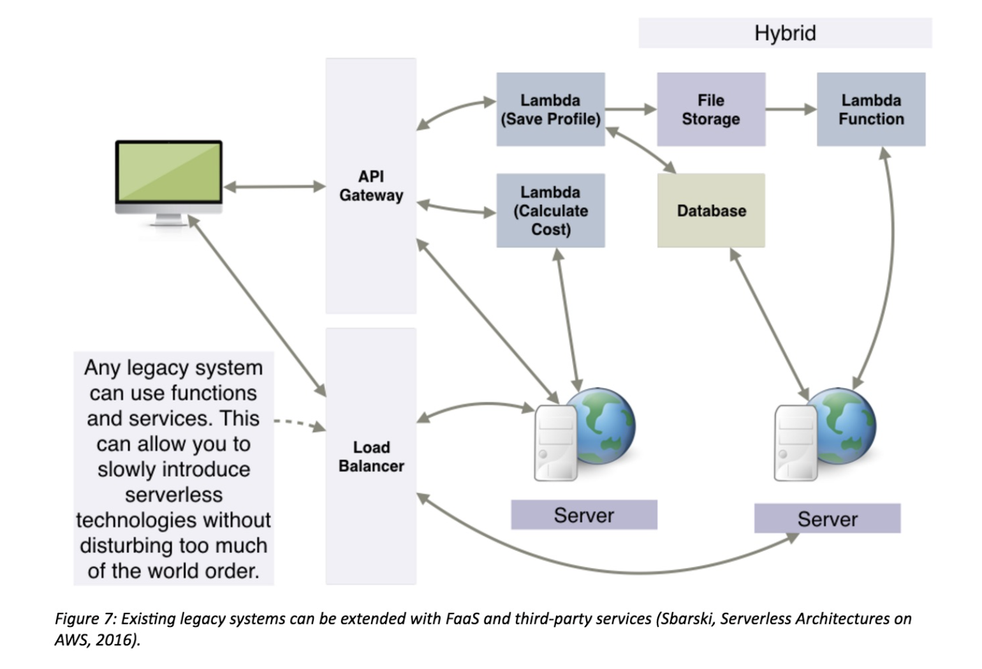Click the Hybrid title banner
pyautogui.click(x=785, y=33)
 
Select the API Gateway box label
pyautogui.click(x=371, y=186)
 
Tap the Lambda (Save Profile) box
pyautogui.click(x=550, y=110)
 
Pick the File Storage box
pyautogui.click(x=711, y=110)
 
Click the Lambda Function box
pyautogui.click(x=871, y=110)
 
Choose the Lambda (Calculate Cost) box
pyautogui.click(x=550, y=211)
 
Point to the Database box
pyautogui.click(x=711, y=211)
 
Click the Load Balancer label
pyautogui.click(x=371, y=456)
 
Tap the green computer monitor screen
pyautogui.click(x=169, y=171)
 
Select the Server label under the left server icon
pyautogui.click(x=583, y=515)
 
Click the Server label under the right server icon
pyautogui.click(x=827, y=519)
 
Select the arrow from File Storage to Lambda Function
pyautogui.click(x=791, y=110)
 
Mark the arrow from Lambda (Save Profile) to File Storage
pyautogui.click(x=631, y=110)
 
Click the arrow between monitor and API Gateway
pyautogui.click(x=274, y=186)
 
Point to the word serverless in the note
pyautogui.click(x=173, y=495)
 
